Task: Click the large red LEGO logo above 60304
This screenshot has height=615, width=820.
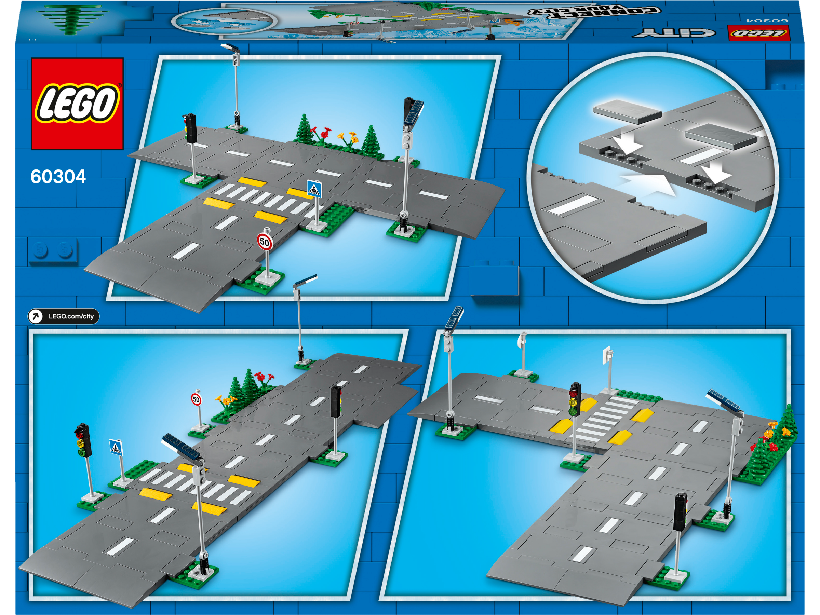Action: (x=77, y=104)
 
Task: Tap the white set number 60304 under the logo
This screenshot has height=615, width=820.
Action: (x=58, y=177)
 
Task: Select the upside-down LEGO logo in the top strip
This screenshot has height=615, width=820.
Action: (x=759, y=33)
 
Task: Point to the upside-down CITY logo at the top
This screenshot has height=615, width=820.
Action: (x=674, y=33)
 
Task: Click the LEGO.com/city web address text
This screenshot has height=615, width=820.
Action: (x=71, y=316)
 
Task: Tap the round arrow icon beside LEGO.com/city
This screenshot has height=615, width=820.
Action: (x=36, y=316)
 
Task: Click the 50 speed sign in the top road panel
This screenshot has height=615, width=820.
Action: (x=265, y=242)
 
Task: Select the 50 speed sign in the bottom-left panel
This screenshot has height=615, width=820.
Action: (x=196, y=400)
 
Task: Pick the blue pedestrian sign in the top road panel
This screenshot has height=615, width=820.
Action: (x=314, y=189)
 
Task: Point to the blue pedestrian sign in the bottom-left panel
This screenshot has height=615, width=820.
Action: (x=116, y=448)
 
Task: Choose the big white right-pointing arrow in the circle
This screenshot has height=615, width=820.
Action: (x=648, y=184)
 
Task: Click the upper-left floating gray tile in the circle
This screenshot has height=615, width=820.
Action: (x=627, y=111)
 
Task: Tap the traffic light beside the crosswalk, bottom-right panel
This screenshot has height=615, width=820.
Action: (x=575, y=399)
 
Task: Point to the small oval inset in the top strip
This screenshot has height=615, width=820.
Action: (x=224, y=21)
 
